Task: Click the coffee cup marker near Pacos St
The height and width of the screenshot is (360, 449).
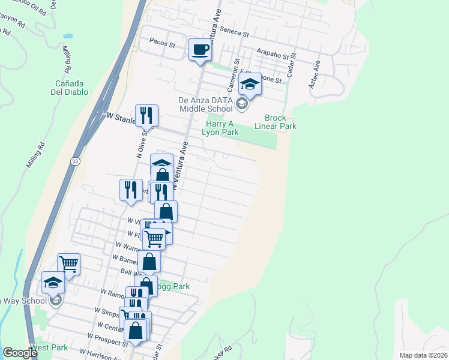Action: click(x=200, y=49)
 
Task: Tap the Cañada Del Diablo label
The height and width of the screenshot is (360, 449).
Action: click(x=71, y=88)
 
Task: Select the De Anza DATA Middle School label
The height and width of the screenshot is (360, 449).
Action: click(x=205, y=105)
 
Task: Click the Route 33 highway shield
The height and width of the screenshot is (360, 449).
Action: click(x=74, y=161)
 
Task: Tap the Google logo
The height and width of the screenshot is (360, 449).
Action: click(x=20, y=353)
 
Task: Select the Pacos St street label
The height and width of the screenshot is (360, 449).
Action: click(x=162, y=44)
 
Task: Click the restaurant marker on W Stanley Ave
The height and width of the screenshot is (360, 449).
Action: click(x=146, y=115)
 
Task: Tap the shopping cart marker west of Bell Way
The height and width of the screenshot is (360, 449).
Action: click(x=68, y=263)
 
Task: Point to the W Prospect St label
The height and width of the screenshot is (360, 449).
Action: click(x=108, y=340)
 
